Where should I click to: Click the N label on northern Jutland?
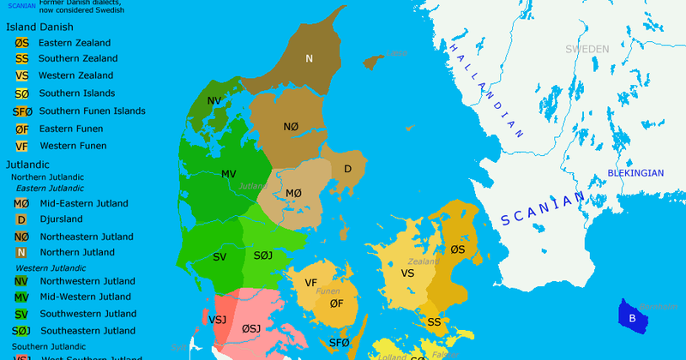310,58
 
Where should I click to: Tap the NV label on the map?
214,101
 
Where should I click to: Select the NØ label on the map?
291,127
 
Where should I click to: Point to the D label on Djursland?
347,169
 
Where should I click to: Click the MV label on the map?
228,174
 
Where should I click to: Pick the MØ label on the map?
293,193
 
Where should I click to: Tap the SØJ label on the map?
264,256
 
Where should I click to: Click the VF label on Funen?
311,283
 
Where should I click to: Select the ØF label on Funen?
336,303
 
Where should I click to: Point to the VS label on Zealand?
407,273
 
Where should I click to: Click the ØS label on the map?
457,249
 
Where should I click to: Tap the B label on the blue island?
632,319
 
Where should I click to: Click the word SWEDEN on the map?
587,49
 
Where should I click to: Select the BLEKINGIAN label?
635,173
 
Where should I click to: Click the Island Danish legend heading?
40,27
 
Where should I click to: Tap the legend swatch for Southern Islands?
21,93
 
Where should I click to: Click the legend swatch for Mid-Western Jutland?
21,297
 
